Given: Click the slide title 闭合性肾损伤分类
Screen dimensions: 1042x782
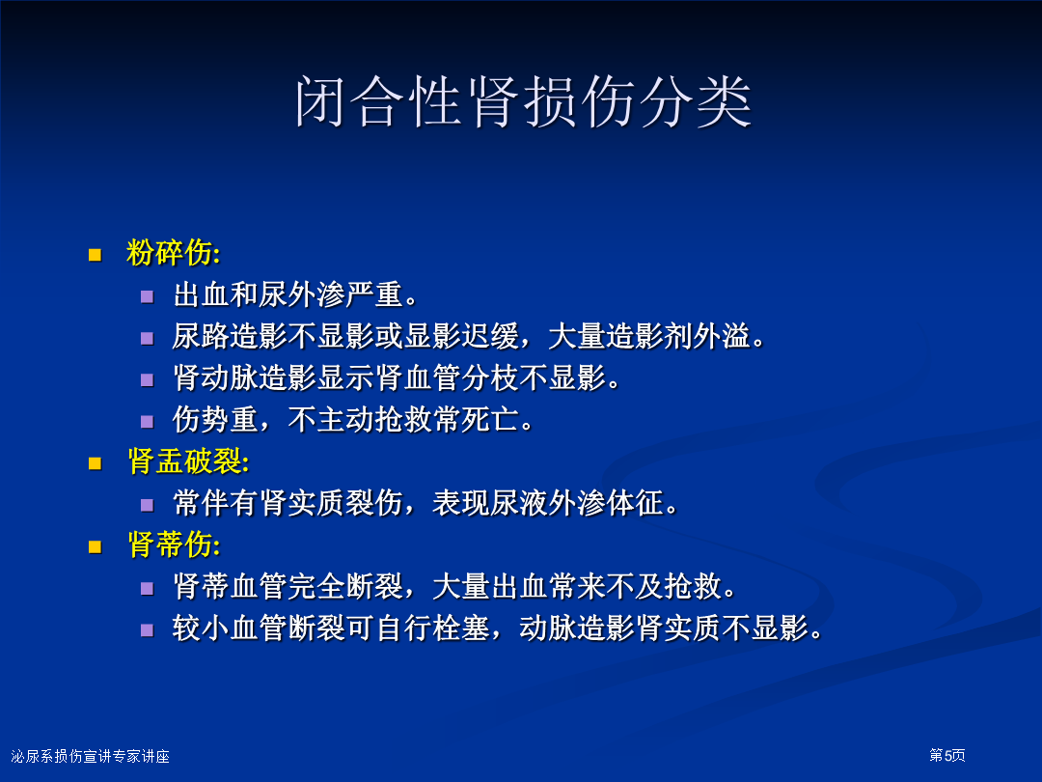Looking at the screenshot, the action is click(x=524, y=101).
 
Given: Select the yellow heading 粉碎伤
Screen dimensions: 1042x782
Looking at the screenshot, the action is click(x=173, y=253).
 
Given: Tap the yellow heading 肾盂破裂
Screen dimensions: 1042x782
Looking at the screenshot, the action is click(x=188, y=461).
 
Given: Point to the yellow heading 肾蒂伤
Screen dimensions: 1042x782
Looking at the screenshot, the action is click(x=173, y=545).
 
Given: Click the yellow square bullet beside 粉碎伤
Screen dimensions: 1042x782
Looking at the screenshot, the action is click(x=95, y=255).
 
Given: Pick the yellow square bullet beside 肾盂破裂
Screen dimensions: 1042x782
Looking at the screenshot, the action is click(x=95, y=462).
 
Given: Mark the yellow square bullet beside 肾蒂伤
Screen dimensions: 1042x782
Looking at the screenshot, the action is click(x=95, y=546).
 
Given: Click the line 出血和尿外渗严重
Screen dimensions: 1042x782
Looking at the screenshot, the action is click(x=296, y=294).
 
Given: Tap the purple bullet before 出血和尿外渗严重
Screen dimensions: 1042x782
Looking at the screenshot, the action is click(x=147, y=296).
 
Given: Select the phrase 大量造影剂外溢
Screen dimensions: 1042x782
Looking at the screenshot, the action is click(x=656, y=337).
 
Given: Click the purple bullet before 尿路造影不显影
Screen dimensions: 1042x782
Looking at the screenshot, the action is click(x=147, y=339).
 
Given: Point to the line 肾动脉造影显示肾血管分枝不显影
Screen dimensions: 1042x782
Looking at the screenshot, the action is click(x=397, y=377).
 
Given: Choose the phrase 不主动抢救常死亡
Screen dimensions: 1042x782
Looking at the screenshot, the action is click(x=411, y=420).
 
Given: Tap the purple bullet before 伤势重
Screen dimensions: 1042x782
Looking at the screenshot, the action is click(x=147, y=422).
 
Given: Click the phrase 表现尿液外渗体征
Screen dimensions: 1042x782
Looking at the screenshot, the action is click(x=555, y=503).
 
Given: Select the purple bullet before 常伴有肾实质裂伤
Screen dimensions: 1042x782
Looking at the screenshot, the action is click(x=147, y=505).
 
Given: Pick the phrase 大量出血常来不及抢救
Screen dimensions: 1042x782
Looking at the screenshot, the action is click(x=584, y=587).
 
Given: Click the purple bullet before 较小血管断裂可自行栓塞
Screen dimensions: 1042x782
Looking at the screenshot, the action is click(x=147, y=629).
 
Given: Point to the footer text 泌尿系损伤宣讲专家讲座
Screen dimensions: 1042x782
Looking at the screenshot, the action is click(x=91, y=756).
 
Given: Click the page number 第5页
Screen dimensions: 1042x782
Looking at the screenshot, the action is click(x=947, y=755).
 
